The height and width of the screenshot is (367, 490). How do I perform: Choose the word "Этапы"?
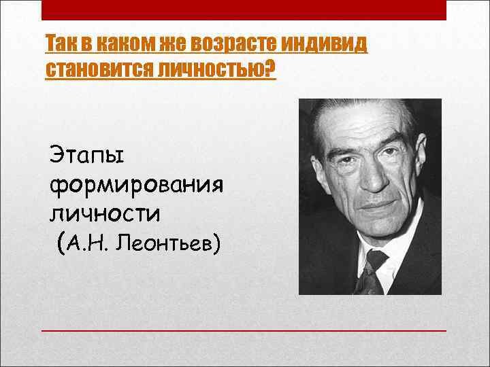pos(87,156)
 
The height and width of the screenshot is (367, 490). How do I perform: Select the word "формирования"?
pos(136,185)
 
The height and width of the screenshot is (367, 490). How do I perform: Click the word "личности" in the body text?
pos(105,213)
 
